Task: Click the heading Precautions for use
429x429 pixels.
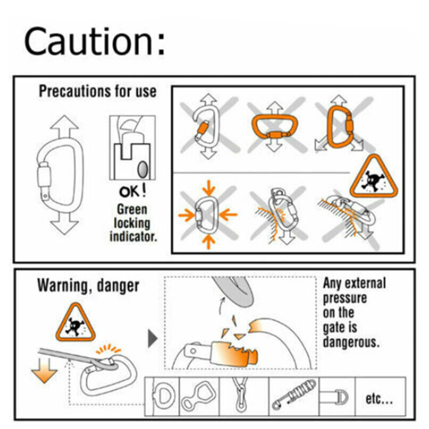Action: click(x=97, y=91)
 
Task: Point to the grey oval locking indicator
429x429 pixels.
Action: click(x=142, y=169)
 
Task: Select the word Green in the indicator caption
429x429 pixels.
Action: click(x=132, y=210)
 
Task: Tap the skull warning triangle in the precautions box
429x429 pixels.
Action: click(x=374, y=176)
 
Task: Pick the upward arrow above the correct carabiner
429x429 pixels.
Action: click(x=64, y=127)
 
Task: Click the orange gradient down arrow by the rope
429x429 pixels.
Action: click(x=44, y=370)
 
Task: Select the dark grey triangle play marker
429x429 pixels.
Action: click(x=152, y=338)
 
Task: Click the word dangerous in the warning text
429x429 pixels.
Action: click(x=351, y=342)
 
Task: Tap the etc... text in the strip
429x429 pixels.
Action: click(x=379, y=399)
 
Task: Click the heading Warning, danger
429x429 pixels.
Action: click(x=88, y=286)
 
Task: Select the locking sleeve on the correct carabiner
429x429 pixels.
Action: click(x=44, y=175)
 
